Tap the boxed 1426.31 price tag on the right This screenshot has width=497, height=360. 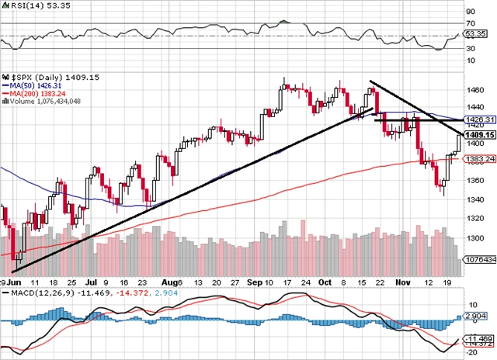click(x=475, y=120)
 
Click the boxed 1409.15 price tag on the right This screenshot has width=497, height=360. click(x=475, y=135)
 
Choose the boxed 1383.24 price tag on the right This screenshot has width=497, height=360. click(x=475, y=159)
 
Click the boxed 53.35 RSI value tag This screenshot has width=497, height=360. click(x=475, y=35)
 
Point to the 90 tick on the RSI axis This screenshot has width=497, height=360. click(x=470, y=12)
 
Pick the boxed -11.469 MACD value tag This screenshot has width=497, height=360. click(x=475, y=339)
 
